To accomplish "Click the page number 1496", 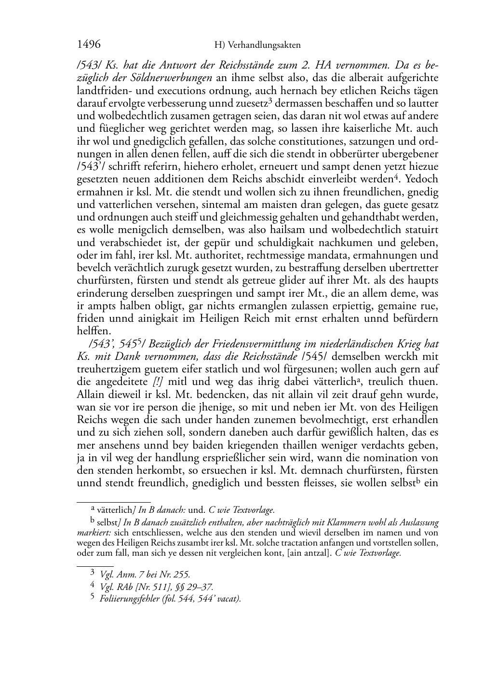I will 89,44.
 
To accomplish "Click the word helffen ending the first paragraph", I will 94,331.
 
